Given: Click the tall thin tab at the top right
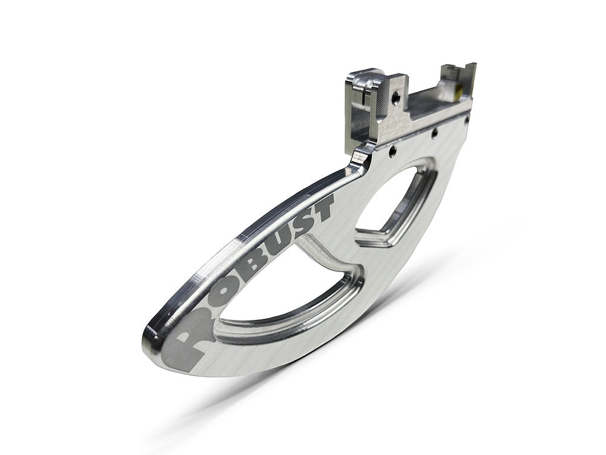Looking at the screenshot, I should (x=471, y=79).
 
